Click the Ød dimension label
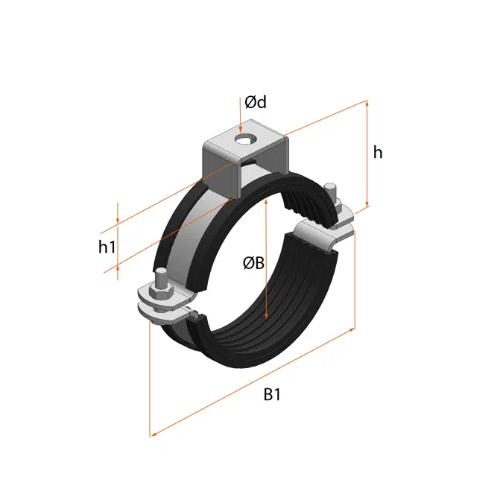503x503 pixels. pos(256,102)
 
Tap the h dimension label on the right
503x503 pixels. pos(378,152)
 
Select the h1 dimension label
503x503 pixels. pos(107,247)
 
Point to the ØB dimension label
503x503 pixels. pos(253,262)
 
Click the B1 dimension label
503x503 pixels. pos(272,396)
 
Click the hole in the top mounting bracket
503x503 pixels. pos(241,139)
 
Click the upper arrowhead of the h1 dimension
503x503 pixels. pos(117,222)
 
